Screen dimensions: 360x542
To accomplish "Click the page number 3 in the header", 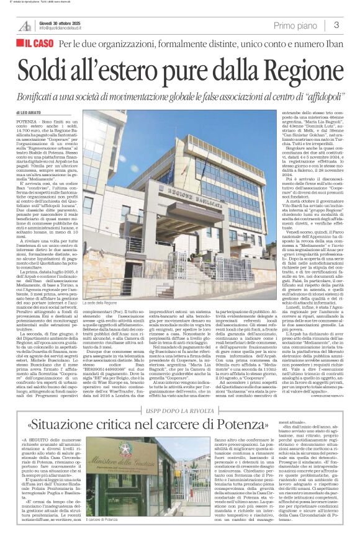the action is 336,25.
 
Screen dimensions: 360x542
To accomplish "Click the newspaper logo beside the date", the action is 25,25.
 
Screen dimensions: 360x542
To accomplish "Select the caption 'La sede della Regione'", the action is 101,301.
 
